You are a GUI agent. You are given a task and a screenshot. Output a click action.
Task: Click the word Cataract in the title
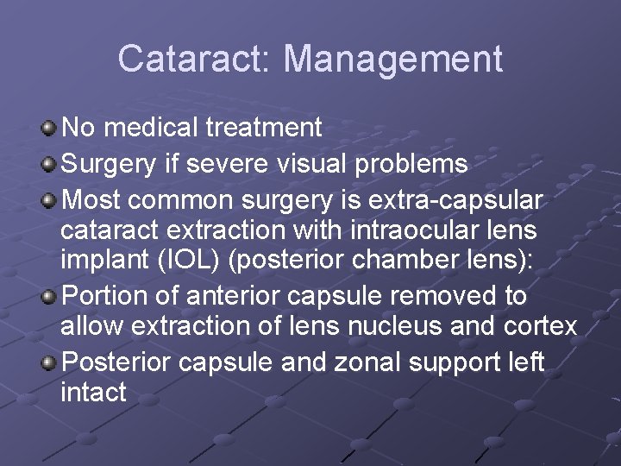point(192,59)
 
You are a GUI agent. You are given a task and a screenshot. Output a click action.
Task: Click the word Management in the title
point(392,59)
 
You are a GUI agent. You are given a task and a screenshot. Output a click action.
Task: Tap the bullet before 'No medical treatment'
point(50,129)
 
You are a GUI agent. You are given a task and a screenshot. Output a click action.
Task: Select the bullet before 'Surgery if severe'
point(50,163)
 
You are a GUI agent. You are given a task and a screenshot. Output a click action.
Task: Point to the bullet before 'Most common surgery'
point(50,200)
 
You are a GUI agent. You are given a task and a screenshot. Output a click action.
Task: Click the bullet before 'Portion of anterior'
point(50,297)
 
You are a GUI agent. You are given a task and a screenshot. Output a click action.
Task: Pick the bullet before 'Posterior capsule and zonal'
point(50,362)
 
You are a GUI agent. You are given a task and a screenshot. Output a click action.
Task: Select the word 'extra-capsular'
point(455,200)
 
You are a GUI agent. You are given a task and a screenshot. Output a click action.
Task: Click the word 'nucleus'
point(442,326)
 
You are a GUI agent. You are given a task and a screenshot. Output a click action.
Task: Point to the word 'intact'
point(93,393)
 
